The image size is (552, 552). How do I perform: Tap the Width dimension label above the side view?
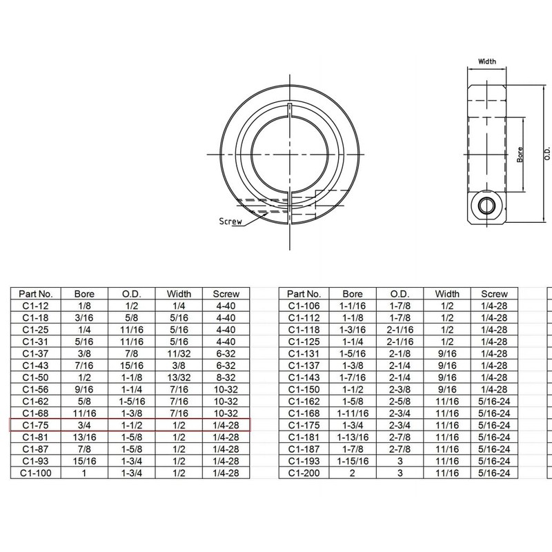pyautogui.click(x=487, y=61)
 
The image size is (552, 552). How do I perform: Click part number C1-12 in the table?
pyautogui.click(x=34, y=306)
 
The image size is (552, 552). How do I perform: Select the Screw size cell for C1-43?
pyautogui.click(x=226, y=365)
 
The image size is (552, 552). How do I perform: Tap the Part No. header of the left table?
pyautogui.click(x=34, y=293)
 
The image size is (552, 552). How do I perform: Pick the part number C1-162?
pyautogui.click(x=304, y=401)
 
